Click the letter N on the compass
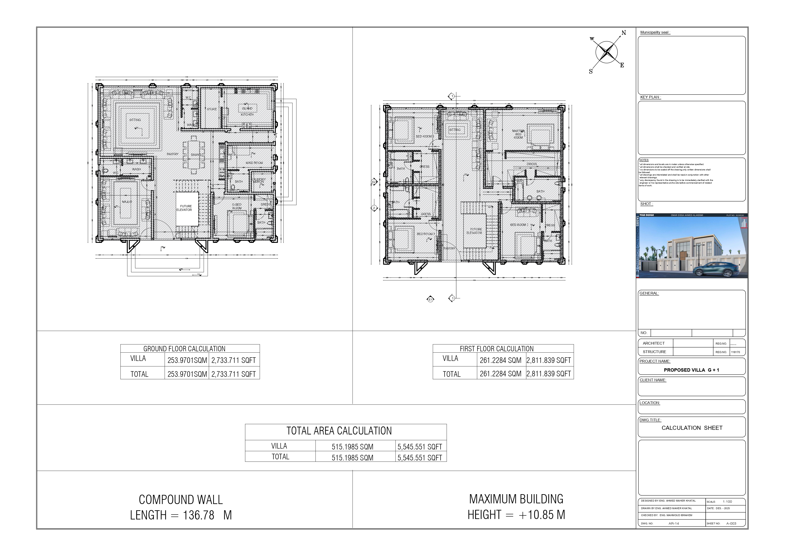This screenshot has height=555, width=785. [x=624, y=33]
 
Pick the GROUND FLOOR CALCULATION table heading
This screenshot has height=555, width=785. [x=184, y=349]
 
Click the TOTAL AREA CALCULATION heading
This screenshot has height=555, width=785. [x=339, y=431]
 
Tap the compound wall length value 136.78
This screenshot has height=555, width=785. [x=199, y=515]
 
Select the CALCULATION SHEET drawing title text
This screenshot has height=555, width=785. [x=692, y=428]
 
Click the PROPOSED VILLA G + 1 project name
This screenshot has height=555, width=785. [x=691, y=370]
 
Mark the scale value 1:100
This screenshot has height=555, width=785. [x=727, y=502]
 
